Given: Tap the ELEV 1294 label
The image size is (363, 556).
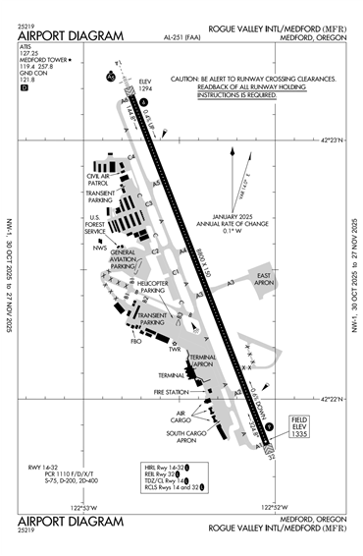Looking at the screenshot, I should pyautogui.click(x=146, y=86).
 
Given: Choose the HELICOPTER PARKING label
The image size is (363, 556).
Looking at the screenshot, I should pyautogui.click(x=152, y=287).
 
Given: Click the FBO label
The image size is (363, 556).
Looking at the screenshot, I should pyautogui.click(x=136, y=342).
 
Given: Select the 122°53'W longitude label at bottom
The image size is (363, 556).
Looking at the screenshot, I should pyautogui.click(x=87, y=507).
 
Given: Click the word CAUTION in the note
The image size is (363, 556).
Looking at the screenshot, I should pyautogui.click(x=184, y=78).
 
